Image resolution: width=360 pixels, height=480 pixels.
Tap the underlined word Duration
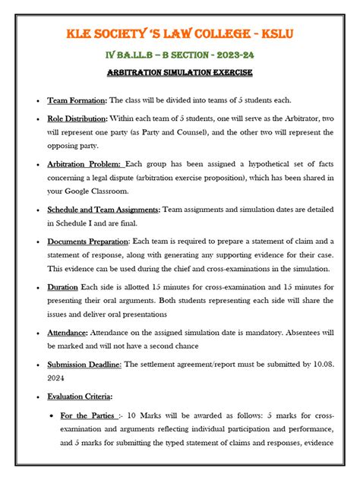pyautogui.click(x=62, y=286)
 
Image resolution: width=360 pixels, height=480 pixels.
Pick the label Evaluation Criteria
pyautogui.click(x=81, y=396)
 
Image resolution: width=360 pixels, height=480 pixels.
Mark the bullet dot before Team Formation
pyautogui.click(x=38, y=101)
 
